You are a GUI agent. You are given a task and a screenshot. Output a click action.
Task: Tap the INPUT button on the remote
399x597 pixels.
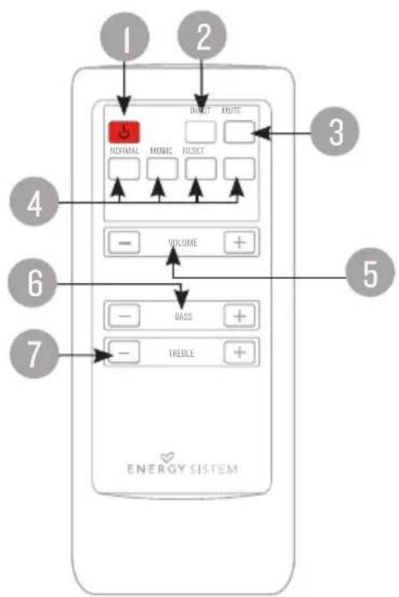coord(201,131)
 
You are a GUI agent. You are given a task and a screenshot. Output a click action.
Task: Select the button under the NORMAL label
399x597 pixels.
coord(122,168)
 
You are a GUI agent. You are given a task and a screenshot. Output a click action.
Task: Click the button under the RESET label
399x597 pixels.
coord(200,168)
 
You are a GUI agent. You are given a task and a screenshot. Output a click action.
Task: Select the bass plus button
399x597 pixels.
coord(239,316)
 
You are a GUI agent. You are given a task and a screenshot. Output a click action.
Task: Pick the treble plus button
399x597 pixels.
coord(239,353)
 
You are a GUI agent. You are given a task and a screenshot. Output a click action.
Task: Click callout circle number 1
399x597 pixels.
coord(124,38)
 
